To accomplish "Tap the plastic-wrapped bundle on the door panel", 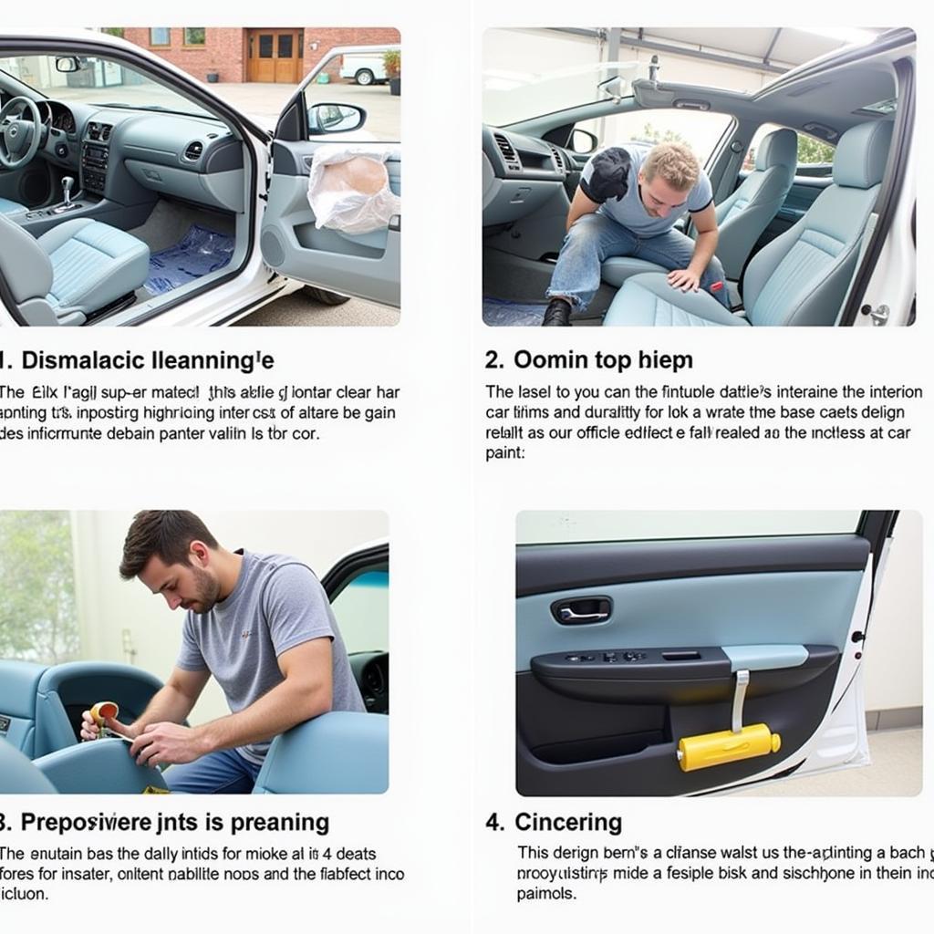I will point(352,189).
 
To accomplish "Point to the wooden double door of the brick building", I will point(275,55).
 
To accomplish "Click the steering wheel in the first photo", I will point(18,132).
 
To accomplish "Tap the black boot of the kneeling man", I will point(556,313).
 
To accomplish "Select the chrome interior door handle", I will point(581,610).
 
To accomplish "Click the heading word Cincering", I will point(567,822).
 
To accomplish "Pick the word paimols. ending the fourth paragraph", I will point(546,894).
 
